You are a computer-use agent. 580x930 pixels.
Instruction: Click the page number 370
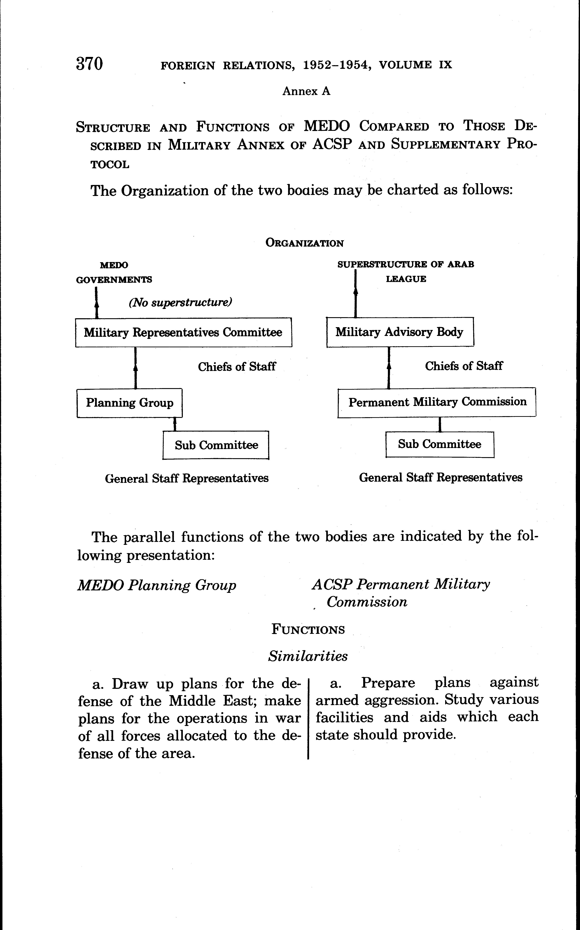tap(89, 64)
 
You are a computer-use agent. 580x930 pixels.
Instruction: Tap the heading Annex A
tap(306, 91)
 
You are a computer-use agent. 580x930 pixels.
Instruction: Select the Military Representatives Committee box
tap(183, 332)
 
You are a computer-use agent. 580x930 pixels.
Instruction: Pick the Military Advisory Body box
tap(400, 332)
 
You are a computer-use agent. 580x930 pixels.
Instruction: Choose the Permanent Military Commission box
tap(437, 402)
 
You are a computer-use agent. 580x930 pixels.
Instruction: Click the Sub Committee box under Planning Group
tap(216, 445)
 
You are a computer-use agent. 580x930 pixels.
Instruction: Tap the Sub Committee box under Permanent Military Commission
tap(440, 444)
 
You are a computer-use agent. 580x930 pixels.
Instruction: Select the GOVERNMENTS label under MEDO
tap(114, 280)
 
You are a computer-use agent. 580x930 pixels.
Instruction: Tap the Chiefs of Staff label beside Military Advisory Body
tap(463, 366)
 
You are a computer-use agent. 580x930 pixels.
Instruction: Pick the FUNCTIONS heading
tap(308, 630)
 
